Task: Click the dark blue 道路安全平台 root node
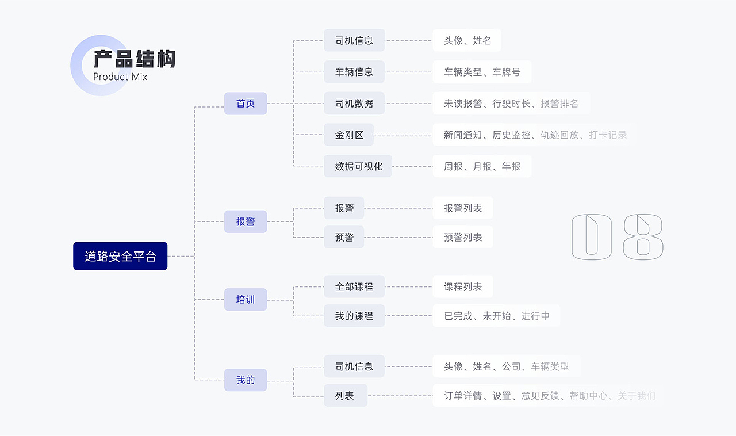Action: pyautogui.click(x=120, y=256)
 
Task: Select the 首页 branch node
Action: pyautogui.click(x=246, y=104)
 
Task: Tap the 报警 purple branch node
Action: pyautogui.click(x=246, y=221)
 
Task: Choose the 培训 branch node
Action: pyautogui.click(x=246, y=300)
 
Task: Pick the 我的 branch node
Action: pyautogui.click(x=246, y=380)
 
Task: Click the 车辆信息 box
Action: pyautogui.click(x=354, y=72)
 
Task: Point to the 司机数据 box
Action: pyautogui.click(x=354, y=104)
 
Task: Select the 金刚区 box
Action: pyautogui.click(x=349, y=135)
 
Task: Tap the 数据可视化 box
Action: pyautogui.click(x=358, y=166)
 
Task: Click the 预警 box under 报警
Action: pyautogui.click(x=344, y=237)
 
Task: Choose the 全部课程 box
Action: pyautogui.click(x=354, y=286)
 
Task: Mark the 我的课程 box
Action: pyautogui.click(x=354, y=316)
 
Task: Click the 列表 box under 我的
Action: pyautogui.click(x=345, y=396)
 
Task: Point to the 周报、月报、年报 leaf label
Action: pyautogui.click(x=482, y=166)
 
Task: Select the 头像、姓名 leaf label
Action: pyautogui.click(x=467, y=41)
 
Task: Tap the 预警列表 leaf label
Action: pyautogui.click(x=463, y=237)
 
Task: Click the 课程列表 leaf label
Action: pyautogui.click(x=463, y=286)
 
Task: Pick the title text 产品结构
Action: pyautogui.click(x=135, y=59)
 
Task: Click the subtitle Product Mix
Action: pyautogui.click(x=120, y=77)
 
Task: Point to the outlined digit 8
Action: pyautogui.click(x=643, y=237)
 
